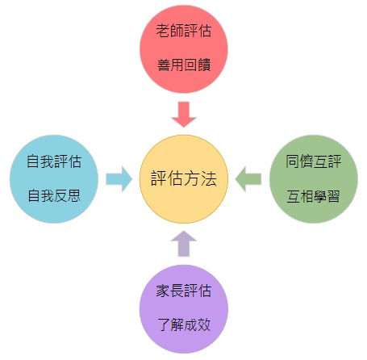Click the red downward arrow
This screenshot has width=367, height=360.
184,114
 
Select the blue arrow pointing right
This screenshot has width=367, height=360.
119,179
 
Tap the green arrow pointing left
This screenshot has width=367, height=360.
248,179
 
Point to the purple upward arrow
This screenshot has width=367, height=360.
184,243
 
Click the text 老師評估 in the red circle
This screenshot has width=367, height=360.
184,31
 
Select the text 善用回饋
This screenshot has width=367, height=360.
184,65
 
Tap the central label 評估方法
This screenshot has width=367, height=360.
184,179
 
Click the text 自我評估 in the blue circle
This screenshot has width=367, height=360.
54,161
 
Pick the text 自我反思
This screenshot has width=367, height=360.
54,195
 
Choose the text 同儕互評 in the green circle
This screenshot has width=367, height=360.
314,161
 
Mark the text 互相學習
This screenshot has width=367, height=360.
314,196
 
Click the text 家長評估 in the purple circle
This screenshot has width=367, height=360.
184,291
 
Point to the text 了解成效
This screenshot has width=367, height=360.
184,324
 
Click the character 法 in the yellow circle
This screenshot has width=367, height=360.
209,179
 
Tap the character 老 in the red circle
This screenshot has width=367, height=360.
163,31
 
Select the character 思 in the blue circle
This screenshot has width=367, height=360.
74,195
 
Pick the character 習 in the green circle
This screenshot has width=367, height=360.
334,196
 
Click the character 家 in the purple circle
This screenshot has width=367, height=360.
163,291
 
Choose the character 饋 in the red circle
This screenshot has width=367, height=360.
204,65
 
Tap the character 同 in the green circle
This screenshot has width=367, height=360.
293,161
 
